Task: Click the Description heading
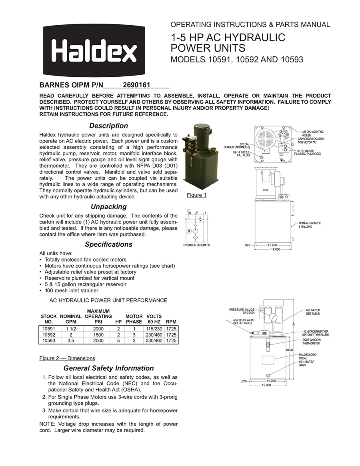[108, 126]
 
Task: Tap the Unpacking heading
[108, 207]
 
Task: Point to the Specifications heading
[108, 244]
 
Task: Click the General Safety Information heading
[108, 368]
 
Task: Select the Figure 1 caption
[196, 195]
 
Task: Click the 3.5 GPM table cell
[70, 341]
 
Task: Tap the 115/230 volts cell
[154, 329]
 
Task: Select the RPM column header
[171, 322]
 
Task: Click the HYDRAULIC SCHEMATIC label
[196, 245]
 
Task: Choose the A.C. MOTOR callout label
[313, 312]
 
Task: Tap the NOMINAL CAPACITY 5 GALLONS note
[310, 225]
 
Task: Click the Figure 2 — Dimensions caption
[67, 358]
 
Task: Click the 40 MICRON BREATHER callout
[316, 333]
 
